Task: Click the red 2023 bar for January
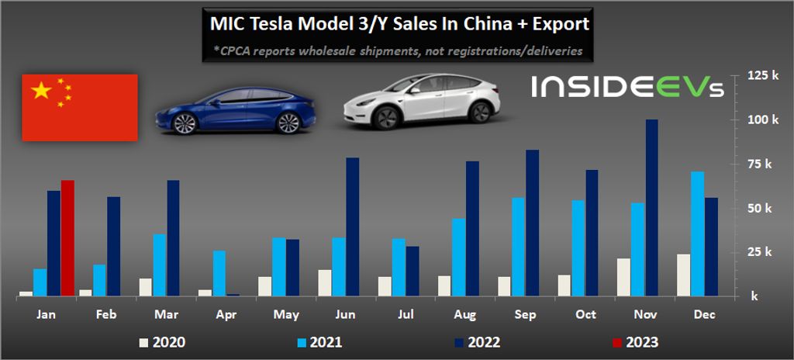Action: click(67, 237)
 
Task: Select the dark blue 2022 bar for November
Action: click(652, 207)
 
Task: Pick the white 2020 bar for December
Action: click(683, 275)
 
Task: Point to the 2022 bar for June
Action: click(353, 227)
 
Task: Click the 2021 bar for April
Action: click(219, 272)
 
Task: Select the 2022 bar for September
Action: click(532, 223)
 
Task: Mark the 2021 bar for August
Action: click(458, 257)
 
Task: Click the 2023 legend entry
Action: click(635, 341)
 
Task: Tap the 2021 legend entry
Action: click(319, 341)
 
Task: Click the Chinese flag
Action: click(80, 107)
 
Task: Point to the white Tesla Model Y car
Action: click(419, 102)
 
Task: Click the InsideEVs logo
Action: click(627, 88)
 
